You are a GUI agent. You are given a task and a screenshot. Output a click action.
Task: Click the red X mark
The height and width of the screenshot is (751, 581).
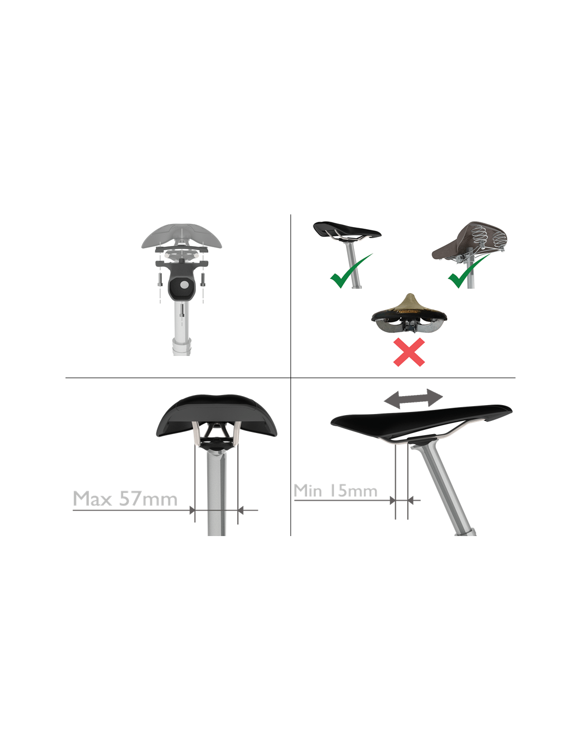tap(409, 352)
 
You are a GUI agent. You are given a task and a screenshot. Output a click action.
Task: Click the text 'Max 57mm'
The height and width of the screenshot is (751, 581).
tap(125, 499)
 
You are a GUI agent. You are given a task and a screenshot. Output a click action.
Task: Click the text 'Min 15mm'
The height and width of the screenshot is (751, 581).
tap(335, 491)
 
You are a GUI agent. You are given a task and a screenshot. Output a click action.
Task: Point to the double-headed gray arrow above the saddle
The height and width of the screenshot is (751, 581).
tap(414, 399)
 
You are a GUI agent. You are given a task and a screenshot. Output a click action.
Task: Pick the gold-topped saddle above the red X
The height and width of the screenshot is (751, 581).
tap(409, 313)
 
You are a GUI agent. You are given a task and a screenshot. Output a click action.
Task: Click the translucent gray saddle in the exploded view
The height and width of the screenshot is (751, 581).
tap(182, 236)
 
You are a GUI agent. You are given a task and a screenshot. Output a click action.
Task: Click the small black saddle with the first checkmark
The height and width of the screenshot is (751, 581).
tap(346, 230)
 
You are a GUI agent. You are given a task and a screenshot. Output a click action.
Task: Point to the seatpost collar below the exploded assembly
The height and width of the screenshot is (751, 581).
tap(182, 346)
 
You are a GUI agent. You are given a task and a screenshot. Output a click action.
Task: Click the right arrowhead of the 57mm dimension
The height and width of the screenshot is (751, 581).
tap(241, 510)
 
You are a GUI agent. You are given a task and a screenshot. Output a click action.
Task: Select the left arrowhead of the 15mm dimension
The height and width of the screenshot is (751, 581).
tap(392, 500)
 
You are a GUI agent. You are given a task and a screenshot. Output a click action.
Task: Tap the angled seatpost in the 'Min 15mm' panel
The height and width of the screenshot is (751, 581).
tap(444, 488)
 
